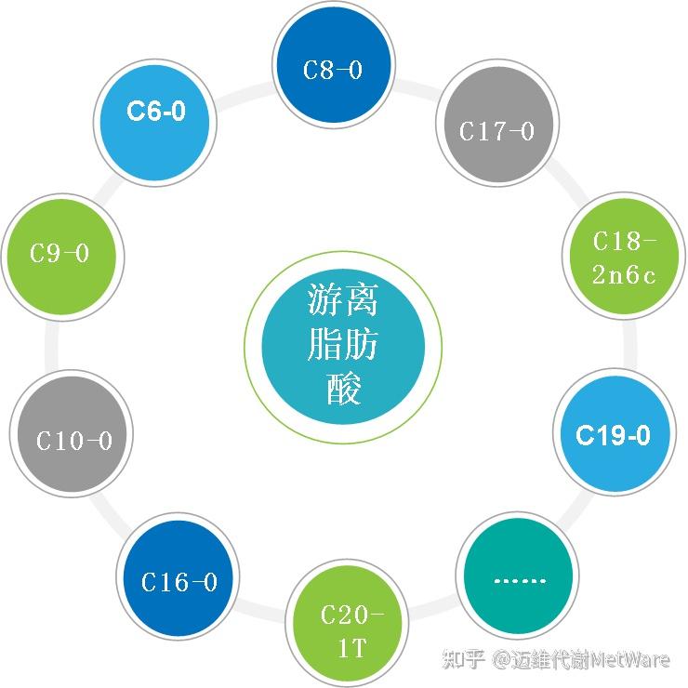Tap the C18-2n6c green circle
(624, 257)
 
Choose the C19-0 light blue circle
(613, 434)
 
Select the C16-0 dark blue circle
(179, 582)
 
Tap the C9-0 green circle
(60, 253)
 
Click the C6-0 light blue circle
(156, 112)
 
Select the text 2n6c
(624, 274)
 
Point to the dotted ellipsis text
(518, 580)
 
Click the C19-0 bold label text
(613, 434)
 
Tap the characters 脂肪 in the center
(343, 346)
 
